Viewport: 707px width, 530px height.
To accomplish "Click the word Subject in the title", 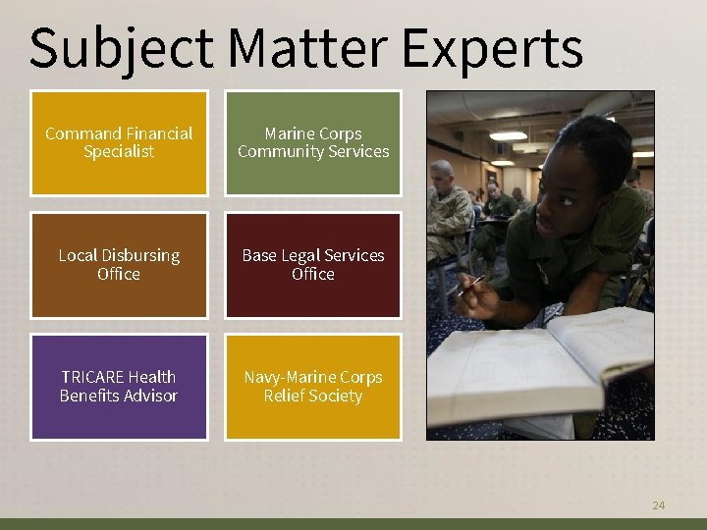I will pos(121,47).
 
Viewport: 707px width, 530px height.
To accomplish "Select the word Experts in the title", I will pos(493,47).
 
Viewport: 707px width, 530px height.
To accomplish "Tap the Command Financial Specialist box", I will pos(119,143).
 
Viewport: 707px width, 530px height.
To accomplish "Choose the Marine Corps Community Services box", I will pos(313,143).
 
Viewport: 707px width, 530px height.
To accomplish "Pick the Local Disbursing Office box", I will pos(119,265).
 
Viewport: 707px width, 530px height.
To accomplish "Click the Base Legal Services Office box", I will pos(313,265).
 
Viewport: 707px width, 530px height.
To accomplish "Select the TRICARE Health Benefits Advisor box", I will pos(119,387).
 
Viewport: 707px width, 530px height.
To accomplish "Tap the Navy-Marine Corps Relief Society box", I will pos(313,387).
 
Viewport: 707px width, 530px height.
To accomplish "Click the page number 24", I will pos(658,505).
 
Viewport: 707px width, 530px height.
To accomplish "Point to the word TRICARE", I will pos(91,377).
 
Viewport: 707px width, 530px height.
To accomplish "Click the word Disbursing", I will pos(141,255).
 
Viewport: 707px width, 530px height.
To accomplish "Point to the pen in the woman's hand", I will pos(472,286).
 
